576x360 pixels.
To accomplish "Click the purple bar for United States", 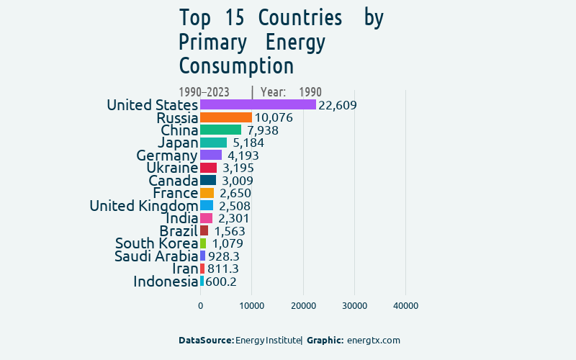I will (x=258, y=104).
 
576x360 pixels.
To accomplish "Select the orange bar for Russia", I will (x=226, y=117).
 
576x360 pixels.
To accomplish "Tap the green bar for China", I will (x=220, y=130).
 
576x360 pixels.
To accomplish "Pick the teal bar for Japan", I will (x=213, y=143).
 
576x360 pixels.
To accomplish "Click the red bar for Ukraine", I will (x=208, y=168).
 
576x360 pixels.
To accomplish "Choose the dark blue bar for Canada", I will (x=207, y=180).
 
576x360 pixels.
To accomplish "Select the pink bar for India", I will (x=206, y=218).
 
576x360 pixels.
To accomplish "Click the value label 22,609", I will (x=338, y=105).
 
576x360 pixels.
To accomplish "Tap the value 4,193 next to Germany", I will (x=243, y=156).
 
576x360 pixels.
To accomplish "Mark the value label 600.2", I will (x=221, y=282).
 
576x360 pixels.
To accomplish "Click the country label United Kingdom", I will (x=143, y=206).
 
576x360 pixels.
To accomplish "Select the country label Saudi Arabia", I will (x=156, y=256).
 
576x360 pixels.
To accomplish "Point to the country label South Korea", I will (x=156, y=244).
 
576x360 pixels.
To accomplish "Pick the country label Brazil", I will (x=178, y=231).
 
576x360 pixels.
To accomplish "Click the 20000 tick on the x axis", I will (x=303, y=306).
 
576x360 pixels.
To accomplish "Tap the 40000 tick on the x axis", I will (x=406, y=306).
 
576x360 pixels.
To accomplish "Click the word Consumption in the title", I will (x=236, y=66).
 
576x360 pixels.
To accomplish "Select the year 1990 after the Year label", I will (x=310, y=92).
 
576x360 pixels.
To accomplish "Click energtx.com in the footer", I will (x=373, y=340).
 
